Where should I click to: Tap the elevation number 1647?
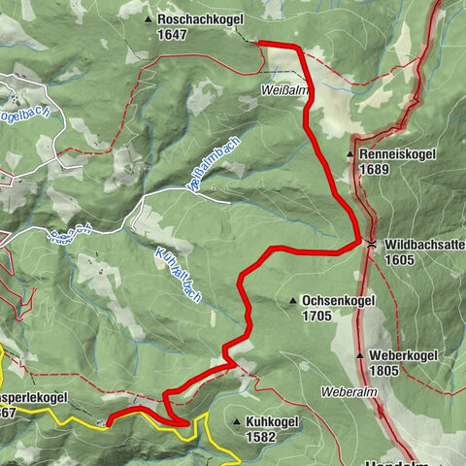click(173, 33)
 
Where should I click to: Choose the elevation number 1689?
click(375, 169)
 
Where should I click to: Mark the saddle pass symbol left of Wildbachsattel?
click(372, 244)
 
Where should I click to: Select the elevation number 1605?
click(400, 260)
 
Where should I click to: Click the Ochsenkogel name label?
click(338, 301)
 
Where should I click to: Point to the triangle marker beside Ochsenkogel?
click(292, 302)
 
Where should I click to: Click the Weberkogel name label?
click(405, 355)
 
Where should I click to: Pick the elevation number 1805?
click(384, 370)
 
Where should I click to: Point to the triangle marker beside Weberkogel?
click(360, 356)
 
